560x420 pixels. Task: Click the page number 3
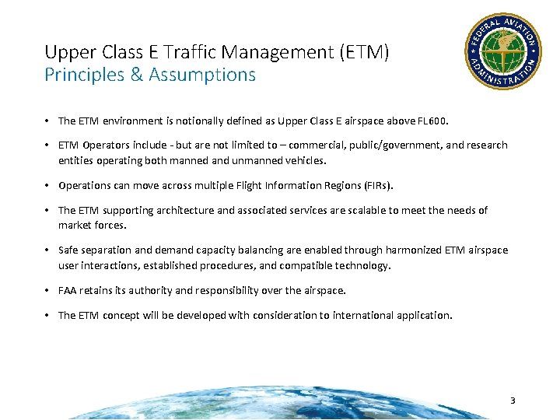pyautogui.click(x=513, y=401)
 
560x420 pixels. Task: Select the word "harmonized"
pyautogui.click(x=415, y=250)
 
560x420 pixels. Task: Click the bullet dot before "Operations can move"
pyautogui.click(x=47, y=185)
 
